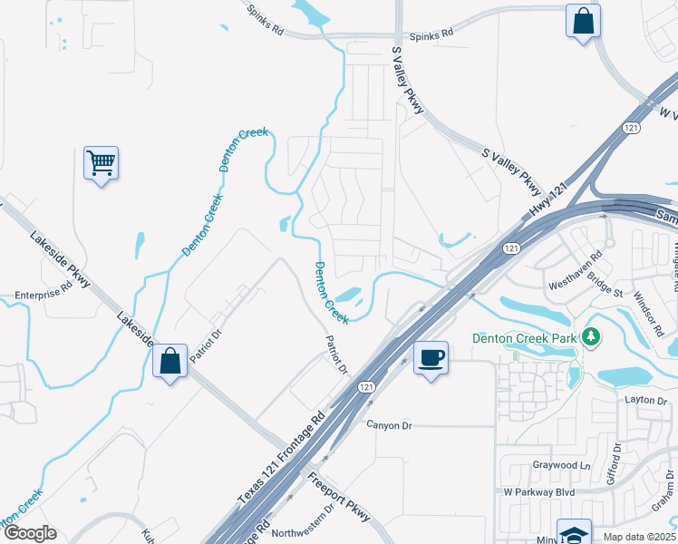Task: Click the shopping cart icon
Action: (x=101, y=163)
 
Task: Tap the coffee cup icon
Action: (x=431, y=357)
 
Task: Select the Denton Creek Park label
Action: (x=525, y=338)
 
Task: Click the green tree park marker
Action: (x=591, y=337)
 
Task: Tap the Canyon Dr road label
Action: (x=389, y=424)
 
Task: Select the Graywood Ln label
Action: (x=561, y=466)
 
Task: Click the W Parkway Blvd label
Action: (x=539, y=492)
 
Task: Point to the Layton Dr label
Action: (x=645, y=400)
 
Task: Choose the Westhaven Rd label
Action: (x=575, y=271)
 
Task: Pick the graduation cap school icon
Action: (x=574, y=533)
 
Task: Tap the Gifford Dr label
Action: (x=614, y=461)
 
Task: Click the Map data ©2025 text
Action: (x=640, y=537)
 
